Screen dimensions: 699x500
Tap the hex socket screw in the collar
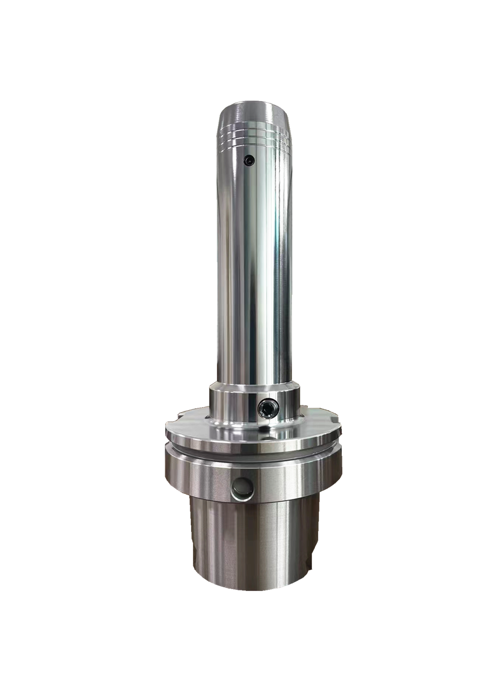(x=267, y=409)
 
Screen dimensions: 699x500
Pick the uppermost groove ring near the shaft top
(x=251, y=127)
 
